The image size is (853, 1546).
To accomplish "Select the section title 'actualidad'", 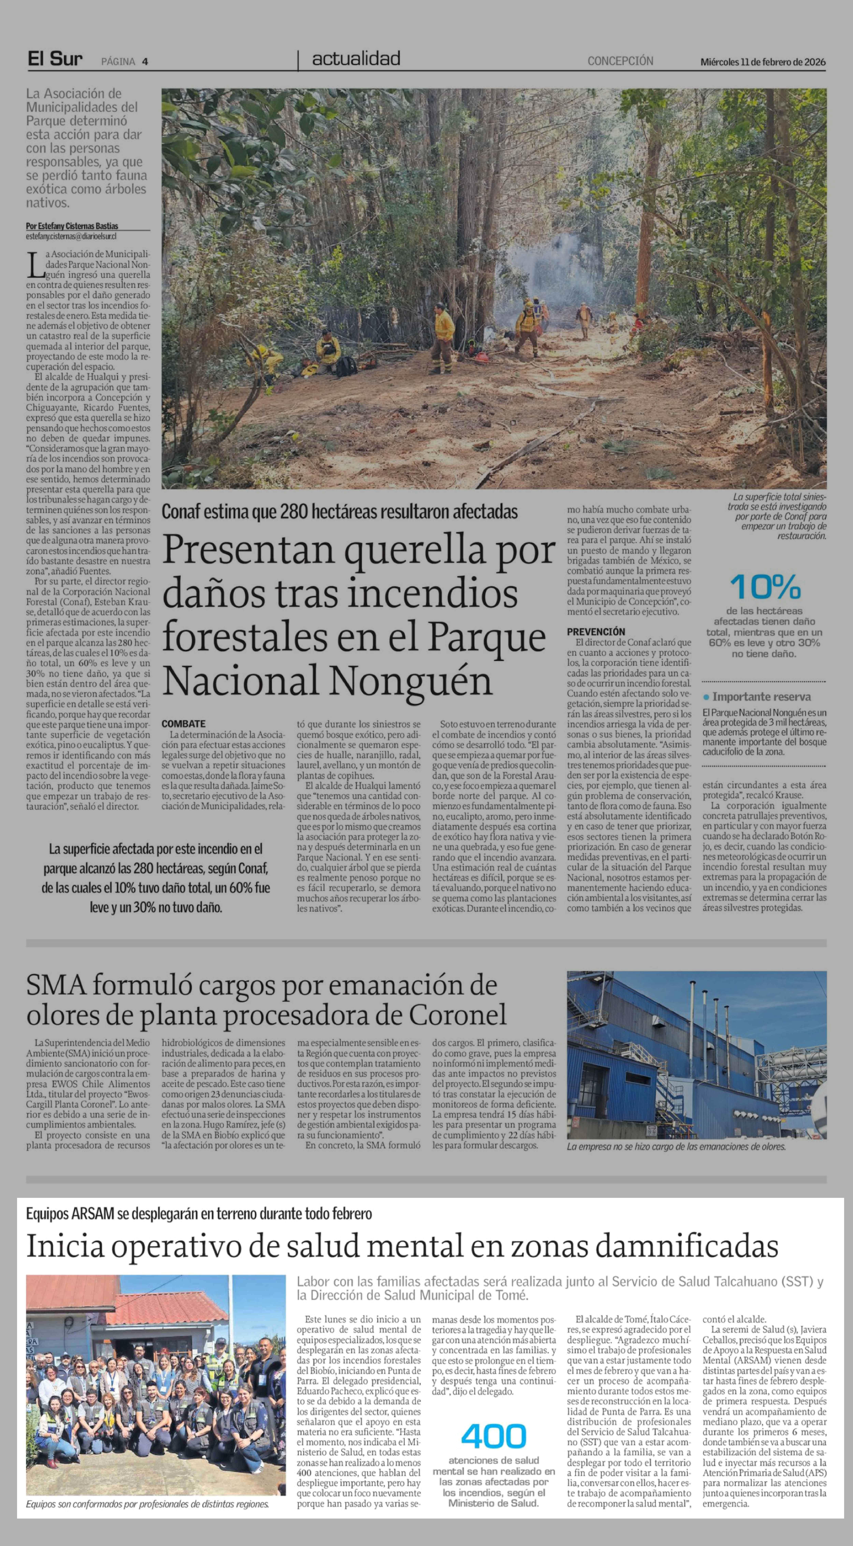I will pos(356,59).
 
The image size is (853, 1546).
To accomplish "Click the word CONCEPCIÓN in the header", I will pos(620,61).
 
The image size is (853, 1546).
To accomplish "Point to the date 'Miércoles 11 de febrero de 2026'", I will pos(762,62).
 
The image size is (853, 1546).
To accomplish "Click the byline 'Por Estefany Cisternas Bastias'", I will pos(72,226).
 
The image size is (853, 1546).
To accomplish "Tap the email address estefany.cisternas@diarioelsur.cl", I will pos(71,236).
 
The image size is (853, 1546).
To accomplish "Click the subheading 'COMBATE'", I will pos(183,724).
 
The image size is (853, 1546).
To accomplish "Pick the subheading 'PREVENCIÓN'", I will pos(595,631).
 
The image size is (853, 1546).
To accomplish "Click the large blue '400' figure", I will pos(493,1436).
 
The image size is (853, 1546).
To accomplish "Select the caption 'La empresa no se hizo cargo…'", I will pos(676,1146).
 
